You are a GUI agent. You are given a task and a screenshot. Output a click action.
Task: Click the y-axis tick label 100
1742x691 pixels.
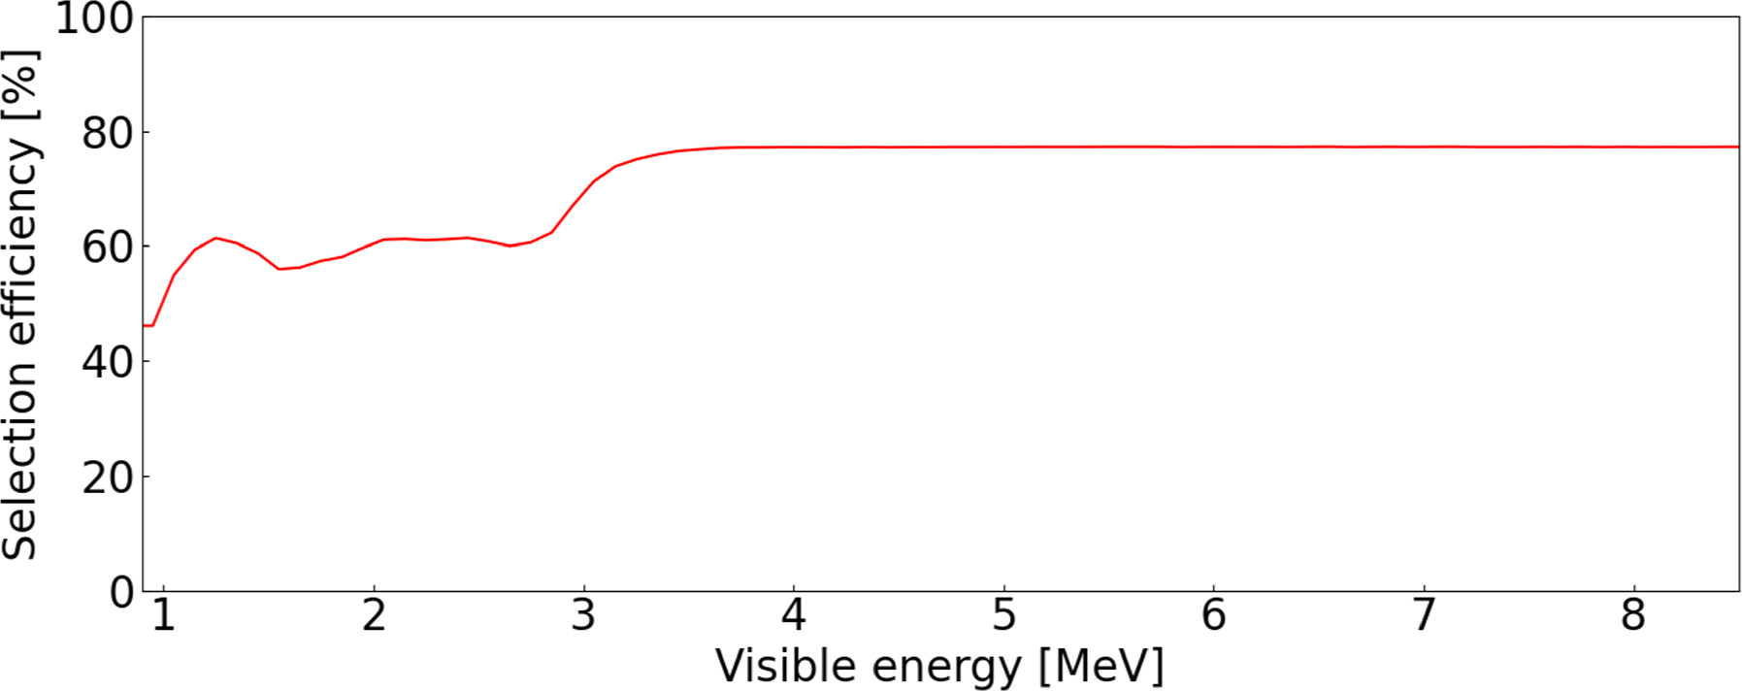coord(94,18)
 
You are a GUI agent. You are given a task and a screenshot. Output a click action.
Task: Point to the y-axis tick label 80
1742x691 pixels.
coord(108,134)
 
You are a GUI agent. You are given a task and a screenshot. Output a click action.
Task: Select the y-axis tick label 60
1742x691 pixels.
coord(108,248)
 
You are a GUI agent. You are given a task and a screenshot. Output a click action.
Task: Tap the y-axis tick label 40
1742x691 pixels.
coord(108,363)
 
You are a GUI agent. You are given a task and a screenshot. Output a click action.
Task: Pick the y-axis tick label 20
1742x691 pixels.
coord(108,477)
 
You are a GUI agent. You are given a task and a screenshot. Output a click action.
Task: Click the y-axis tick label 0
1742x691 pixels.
coord(122,592)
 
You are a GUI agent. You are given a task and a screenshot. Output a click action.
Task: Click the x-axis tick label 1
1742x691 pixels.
coord(164,615)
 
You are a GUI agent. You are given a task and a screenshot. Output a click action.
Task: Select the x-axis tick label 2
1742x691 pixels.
coord(374,615)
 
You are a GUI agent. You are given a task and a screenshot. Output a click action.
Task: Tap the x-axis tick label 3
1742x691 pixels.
coord(583,615)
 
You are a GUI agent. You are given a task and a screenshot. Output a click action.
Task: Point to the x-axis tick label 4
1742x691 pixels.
coord(794,615)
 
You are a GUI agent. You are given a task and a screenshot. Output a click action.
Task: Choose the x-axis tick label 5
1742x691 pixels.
coord(1003,615)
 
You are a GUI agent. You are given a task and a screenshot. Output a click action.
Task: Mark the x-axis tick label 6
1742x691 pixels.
coord(1213,615)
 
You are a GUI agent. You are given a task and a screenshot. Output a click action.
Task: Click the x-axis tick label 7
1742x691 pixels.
coord(1424,615)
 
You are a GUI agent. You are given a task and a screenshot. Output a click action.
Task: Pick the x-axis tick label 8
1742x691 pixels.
coord(1633,615)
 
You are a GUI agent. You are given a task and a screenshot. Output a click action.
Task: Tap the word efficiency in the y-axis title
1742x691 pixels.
coord(19,247)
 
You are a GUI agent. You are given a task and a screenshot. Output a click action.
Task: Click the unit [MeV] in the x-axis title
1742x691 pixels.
coord(1101,667)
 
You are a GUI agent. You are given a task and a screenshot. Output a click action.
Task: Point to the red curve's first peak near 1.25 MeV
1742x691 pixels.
coord(215,238)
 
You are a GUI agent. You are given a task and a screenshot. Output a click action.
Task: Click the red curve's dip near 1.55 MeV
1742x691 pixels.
coord(279,269)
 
